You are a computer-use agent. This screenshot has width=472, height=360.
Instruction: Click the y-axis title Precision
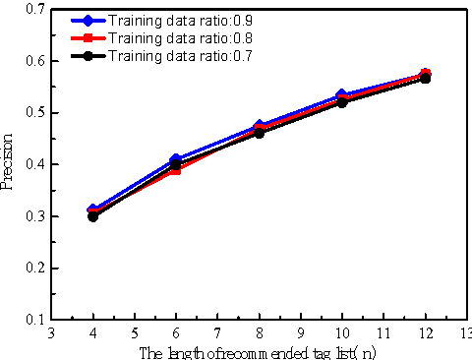tap(9, 163)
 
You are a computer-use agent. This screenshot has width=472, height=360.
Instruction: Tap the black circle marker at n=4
tap(92, 216)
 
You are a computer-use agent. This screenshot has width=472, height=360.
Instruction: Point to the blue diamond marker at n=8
tap(259, 126)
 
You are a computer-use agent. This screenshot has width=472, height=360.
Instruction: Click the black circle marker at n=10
tap(341, 102)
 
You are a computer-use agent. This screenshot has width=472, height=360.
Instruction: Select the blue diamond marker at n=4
tap(92, 210)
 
